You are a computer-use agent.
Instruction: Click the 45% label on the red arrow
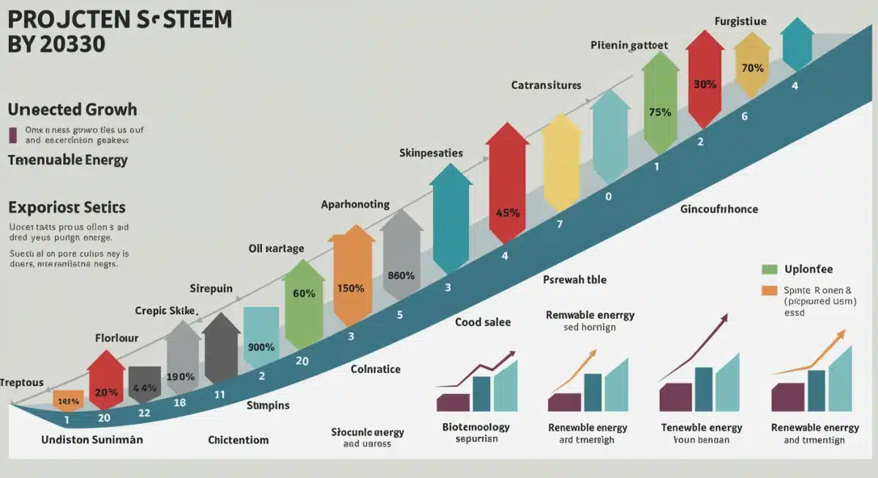(x=508, y=213)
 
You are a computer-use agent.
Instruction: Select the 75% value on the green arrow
(x=660, y=113)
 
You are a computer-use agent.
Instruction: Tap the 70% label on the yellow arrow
(x=752, y=68)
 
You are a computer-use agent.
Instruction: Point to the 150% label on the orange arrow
(x=350, y=287)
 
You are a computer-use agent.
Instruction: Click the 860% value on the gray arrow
(x=401, y=276)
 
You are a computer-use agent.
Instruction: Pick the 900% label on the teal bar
(x=261, y=347)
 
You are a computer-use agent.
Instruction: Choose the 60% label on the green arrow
(x=304, y=293)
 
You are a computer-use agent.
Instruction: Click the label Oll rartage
(x=276, y=249)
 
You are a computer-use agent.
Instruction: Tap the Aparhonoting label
(x=356, y=205)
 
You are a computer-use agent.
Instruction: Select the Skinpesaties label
(x=431, y=153)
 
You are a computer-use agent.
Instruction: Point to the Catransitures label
(x=546, y=86)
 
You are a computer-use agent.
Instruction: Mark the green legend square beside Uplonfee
(x=768, y=269)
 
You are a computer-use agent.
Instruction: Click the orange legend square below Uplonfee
(x=768, y=290)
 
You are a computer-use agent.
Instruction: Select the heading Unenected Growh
(x=72, y=110)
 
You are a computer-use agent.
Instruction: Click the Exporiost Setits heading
(x=67, y=207)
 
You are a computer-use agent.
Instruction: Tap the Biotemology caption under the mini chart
(x=476, y=427)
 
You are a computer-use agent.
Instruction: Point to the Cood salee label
(x=483, y=322)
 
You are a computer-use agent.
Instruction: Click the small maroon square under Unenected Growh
(x=12, y=134)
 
